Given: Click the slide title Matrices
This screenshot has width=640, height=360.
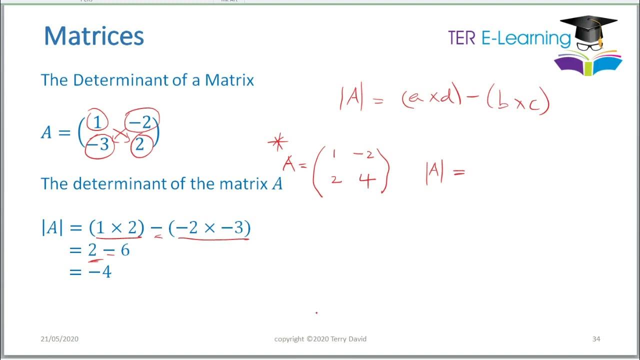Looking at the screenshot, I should point(94,36).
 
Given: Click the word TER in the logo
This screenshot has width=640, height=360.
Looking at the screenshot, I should point(461,38).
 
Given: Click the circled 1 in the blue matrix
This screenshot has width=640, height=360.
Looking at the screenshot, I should point(97,122).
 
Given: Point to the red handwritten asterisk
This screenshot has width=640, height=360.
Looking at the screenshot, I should point(277,143).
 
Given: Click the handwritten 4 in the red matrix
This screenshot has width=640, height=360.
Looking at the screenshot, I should point(367,179).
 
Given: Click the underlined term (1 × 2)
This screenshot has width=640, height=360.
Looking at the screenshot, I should point(116,228).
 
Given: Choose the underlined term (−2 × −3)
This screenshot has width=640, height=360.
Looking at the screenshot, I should point(209,228).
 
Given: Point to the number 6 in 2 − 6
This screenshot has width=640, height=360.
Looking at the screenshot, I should point(125,250).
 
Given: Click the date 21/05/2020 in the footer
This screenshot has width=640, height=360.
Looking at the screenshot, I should point(59,339).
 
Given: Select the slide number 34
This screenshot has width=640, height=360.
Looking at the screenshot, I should point(596,339).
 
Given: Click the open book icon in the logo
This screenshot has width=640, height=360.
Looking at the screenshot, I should point(588,64).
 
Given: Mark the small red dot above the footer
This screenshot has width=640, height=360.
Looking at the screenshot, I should point(316,313).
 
